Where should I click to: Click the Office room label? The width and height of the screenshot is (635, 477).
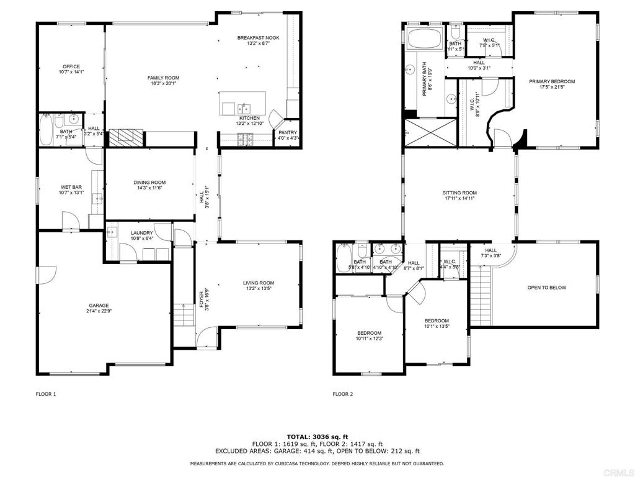(71, 66)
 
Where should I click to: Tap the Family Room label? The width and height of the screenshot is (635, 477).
(163, 78)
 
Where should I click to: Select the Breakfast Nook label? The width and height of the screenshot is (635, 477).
(258, 38)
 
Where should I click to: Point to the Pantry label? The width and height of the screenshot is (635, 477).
(287, 132)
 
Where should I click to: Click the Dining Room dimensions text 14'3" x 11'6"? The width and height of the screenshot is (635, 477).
(149, 189)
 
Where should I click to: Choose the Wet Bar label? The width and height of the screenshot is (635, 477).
(68, 187)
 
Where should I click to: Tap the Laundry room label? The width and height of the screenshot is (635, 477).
(141, 233)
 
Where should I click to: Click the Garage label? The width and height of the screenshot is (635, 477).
(99, 305)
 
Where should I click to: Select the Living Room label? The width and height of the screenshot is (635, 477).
(258, 283)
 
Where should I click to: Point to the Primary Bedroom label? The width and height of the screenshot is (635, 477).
(551, 81)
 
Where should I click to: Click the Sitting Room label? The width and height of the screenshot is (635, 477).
(460, 193)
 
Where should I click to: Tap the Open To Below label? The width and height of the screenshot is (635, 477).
(546, 288)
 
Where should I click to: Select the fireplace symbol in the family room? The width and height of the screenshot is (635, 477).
(127, 136)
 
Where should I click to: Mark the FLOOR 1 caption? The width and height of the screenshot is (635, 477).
(45, 394)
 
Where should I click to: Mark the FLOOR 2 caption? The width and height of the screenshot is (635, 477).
(342, 394)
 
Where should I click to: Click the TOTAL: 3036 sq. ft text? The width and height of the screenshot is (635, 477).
(317, 437)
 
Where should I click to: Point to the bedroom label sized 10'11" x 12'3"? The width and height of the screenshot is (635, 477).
(369, 333)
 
